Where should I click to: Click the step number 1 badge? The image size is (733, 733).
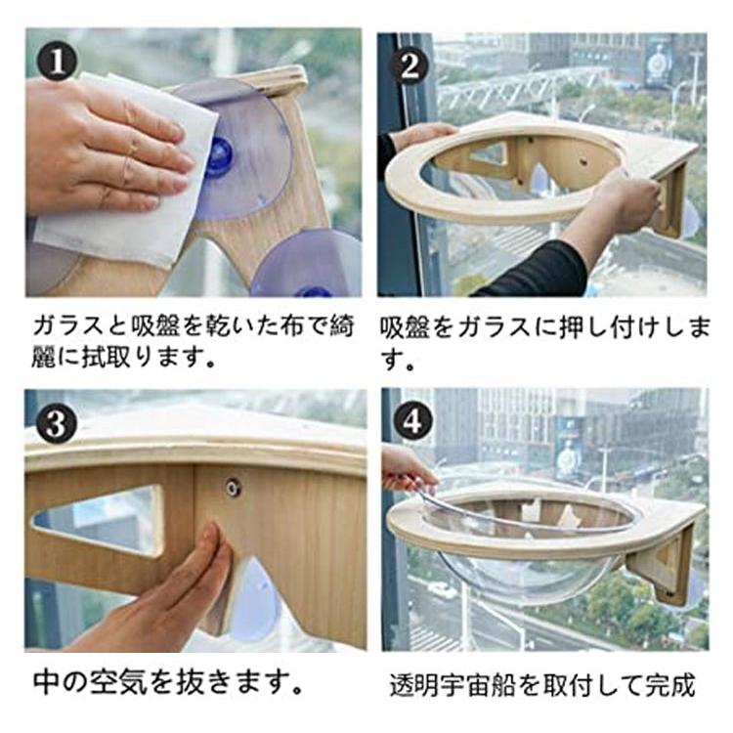tap(57, 62)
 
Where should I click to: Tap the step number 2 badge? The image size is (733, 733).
tap(410, 66)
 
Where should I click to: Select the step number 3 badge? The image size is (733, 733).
tap(56, 423)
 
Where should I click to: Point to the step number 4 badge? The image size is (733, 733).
tap(411, 420)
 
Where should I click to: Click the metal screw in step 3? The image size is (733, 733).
tap(232, 489)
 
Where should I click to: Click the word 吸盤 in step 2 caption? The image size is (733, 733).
tap(405, 326)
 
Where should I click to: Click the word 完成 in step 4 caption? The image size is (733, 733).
tap(670, 685)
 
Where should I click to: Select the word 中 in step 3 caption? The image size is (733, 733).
tap(46, 682)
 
